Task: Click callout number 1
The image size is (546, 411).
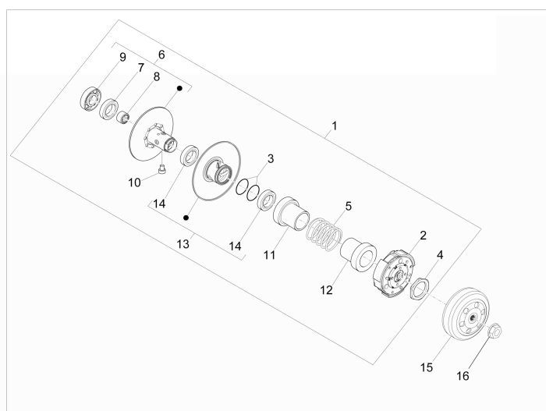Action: click(334, 125)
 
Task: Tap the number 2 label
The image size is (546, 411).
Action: click(423, 235)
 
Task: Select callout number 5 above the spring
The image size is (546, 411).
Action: click(349, 207)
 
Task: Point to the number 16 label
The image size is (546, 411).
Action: click(463, 376)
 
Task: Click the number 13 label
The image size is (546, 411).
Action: click(183, 244)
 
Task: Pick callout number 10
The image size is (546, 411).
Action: click(134, 182)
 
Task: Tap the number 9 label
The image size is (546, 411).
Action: click(122, 58)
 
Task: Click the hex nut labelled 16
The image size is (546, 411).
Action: click(494, 332)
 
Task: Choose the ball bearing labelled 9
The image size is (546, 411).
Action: click(93, 101)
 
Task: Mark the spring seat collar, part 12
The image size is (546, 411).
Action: click(358, 253)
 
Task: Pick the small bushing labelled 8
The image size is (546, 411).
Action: click(122, 118)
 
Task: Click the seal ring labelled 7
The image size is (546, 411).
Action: click(110, 106)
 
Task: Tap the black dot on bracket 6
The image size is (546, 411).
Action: click(179, 90)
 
